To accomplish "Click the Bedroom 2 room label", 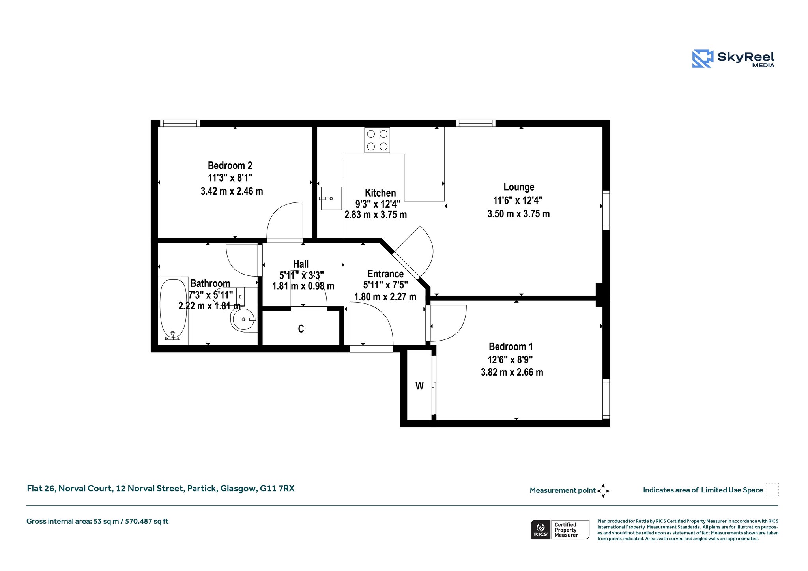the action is pyautogui.click(x=230, y=165).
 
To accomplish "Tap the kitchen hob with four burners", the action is pyautogui.click(x=377, y=140).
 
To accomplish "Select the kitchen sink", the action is pyautogui.click(x=331, y=198).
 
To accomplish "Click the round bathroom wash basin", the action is pyautogui.click(x=244, y=319).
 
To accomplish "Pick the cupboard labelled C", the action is pyautogui.click(x=301, y=329).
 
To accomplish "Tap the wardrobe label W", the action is pyautogui.click(x=419, y=386).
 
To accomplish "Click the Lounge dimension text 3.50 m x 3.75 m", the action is pyautogui.click(x=518, y=214).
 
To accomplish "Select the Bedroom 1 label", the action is pyautogui.click(x=511, y=346).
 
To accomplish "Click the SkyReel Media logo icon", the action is pyautogui.click(x=703, y=59).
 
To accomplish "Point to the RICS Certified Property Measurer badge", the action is pyautogui.click(x=560, y=530).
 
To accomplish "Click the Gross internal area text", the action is pyautogui.click(x=97, y=521).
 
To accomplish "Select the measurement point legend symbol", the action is pyautogui.click(x=603, y=491).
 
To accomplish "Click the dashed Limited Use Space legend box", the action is pyautogui.click(x=772, y=490).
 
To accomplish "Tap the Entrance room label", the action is pyautogui.click(x=385, y=274).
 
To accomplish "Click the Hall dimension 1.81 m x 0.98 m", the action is pyautogui.click(x=303, y=286).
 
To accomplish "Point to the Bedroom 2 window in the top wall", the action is pyautogui.click(x=180, y=123).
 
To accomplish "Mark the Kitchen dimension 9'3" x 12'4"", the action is pyautogui.click(x=378, y=204).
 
